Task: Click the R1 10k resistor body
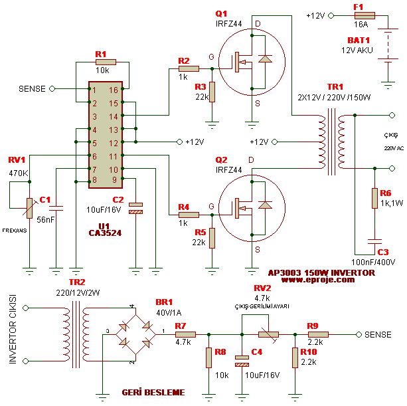coord(105,62)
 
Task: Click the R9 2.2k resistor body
coord(317,334)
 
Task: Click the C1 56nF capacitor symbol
coord(56,209)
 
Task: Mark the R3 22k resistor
coord(212,91)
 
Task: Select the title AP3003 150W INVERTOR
coord(321,272)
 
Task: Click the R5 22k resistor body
coord(212,238)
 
